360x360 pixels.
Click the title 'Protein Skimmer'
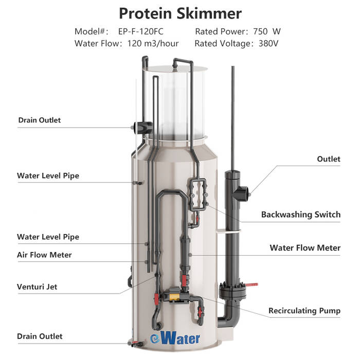180,13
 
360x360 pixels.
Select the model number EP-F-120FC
141,31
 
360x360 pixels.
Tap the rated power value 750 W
267,31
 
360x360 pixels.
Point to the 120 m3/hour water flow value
153,43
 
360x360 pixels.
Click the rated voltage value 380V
268,43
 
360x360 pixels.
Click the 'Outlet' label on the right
329,159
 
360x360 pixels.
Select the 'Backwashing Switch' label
301,214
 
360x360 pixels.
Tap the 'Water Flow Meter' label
305,248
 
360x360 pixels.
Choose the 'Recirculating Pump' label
304,311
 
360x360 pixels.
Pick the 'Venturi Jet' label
37,287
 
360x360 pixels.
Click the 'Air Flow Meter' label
44,255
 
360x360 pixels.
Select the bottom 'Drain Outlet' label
40,336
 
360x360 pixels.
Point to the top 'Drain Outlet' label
40,120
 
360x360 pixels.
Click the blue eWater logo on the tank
175,338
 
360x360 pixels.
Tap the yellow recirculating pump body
174,296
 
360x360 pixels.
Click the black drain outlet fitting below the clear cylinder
142,128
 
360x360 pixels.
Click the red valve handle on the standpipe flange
251,285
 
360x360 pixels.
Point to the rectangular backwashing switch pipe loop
197,194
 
